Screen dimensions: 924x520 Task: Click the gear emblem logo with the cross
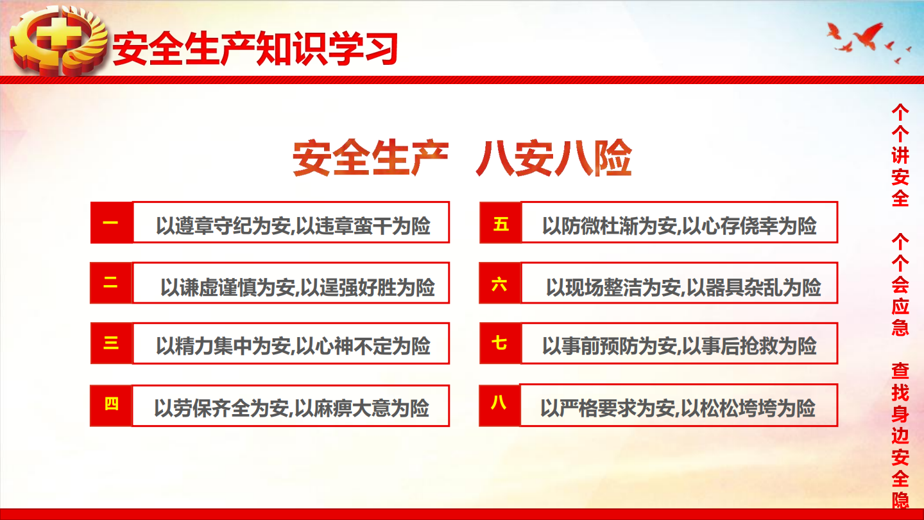[x=58, y=40]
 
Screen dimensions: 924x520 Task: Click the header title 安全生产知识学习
[x=255, y=49]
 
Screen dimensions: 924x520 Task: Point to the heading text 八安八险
[x=554, y=158]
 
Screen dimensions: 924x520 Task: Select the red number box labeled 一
[x=112, y=222]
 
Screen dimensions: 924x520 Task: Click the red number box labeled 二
[x=111, y=282]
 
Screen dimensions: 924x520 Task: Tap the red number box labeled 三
[x=112, y=343]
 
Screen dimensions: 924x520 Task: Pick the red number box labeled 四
[x=111, y=405]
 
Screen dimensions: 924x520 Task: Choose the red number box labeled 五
[x=501, y=222]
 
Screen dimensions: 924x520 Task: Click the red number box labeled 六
[x=500, y=282]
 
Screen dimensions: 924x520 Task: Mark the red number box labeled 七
[x=501, y=343]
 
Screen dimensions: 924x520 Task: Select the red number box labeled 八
[x=499, y=405]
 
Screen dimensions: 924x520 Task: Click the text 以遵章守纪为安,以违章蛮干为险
[x=293, y=226]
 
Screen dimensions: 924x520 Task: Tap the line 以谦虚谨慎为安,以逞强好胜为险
[x=298, y=287]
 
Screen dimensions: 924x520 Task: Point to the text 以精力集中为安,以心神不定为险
[x=293, y=346]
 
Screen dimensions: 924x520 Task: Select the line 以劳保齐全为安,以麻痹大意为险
[x=291, y=408]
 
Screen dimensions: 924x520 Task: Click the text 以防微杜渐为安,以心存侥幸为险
[x=680, y=226]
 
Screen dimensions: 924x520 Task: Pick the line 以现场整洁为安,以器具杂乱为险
[x=683, y=287]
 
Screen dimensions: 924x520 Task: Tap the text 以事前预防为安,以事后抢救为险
[x=680, y=346]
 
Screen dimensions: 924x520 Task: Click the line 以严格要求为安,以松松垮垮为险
[x=678, y=408]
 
